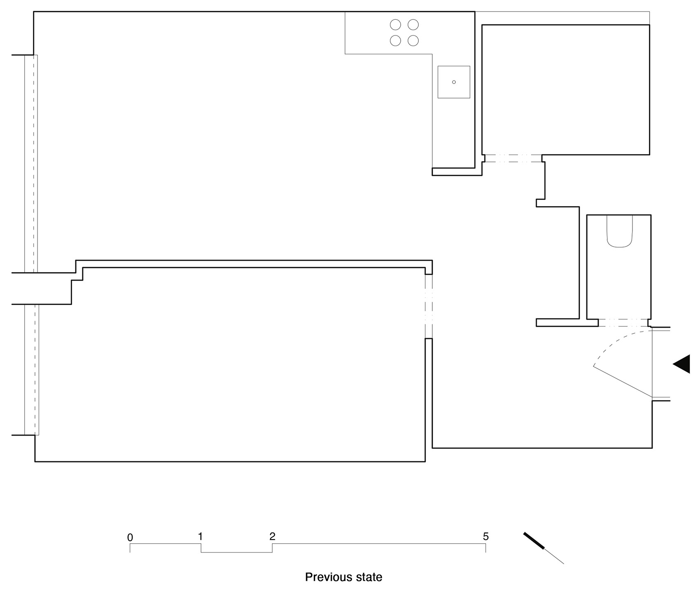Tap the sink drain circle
tap(454, 82)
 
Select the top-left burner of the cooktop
tap(395, 25)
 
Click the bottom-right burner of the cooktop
tap(413, 40)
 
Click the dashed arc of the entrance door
tap(614, 339)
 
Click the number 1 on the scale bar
tap(200, 537)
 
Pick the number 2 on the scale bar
tap(272, 537)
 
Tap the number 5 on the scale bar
tap(486, 537)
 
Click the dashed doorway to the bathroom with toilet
tap(623, 323)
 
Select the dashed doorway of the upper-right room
tap(513, 158)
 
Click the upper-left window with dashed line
tap(31, 164)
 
